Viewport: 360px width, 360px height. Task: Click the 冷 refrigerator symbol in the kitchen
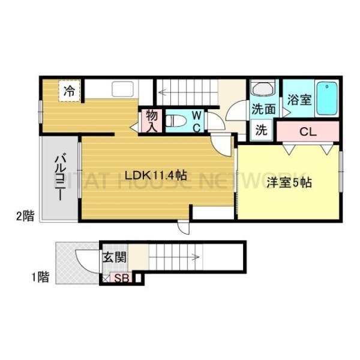tap(70, 92)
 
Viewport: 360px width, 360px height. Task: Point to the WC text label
tap(196, 120)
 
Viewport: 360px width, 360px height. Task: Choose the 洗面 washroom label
tap(263, 110)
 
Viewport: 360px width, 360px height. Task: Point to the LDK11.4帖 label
tap(155, 175)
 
